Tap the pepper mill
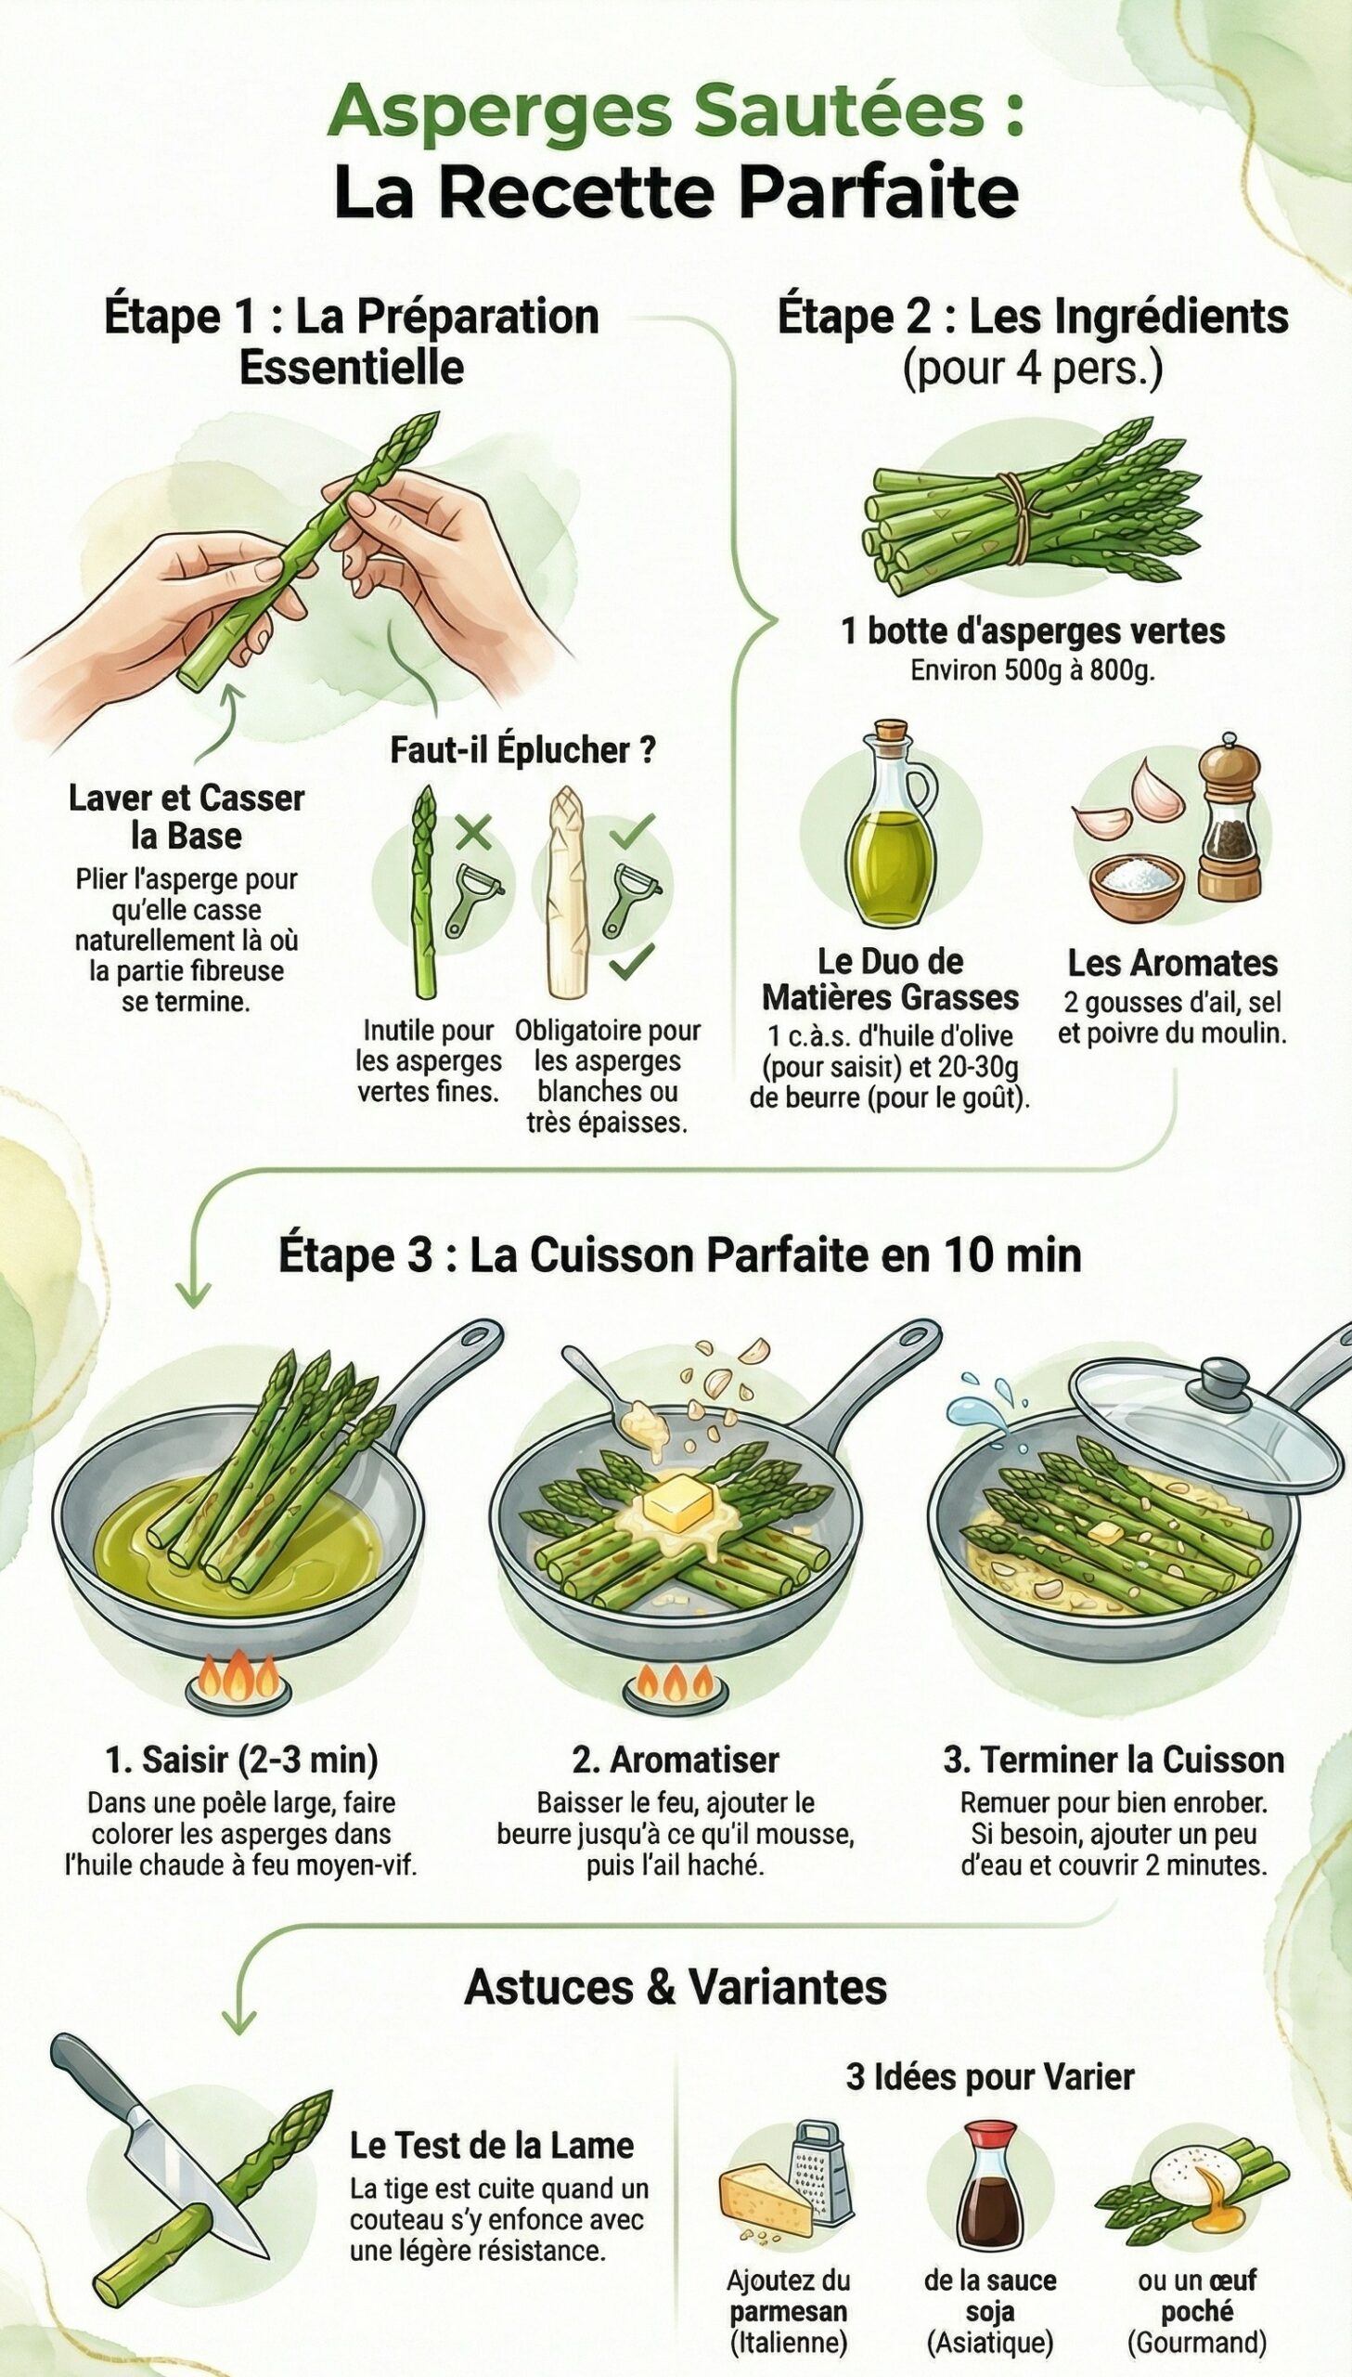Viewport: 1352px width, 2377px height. (1228, 822)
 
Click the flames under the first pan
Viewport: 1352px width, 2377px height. (238, 1675)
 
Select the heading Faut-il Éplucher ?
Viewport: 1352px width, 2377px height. (521, 749)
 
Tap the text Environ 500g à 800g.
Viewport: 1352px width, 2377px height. (1032, 669)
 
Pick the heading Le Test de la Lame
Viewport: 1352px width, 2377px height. (491, 2145)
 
